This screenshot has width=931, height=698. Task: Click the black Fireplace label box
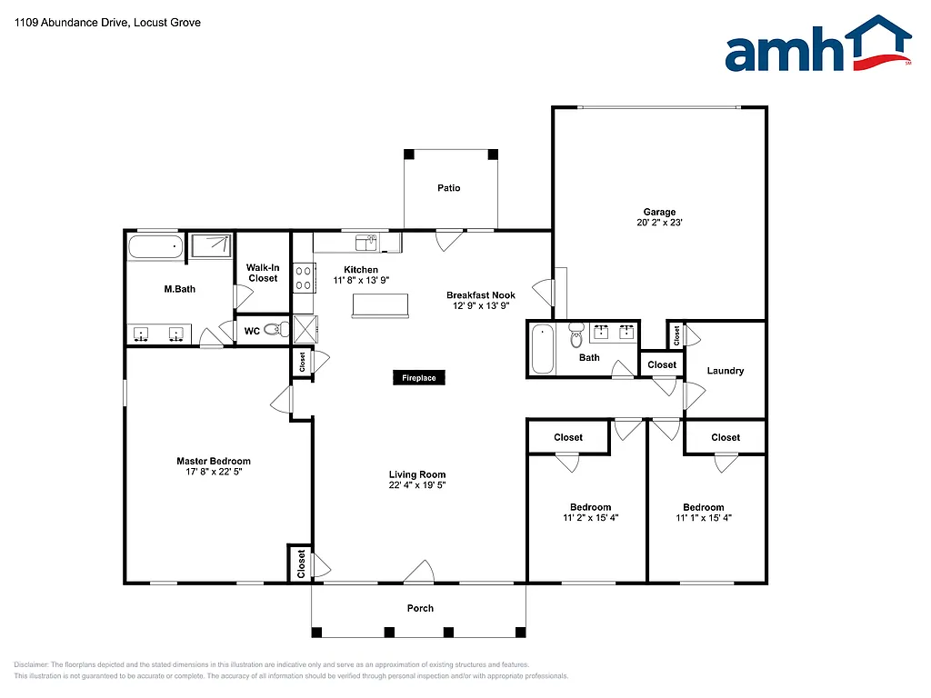click(x=419, y=377)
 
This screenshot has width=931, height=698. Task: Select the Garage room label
click(x=660, y=212)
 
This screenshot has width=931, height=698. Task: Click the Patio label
click(x=449, y=188)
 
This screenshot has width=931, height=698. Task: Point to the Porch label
click(x=420, y=608)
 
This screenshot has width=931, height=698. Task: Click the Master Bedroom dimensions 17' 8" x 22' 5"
click(x=214, y=473)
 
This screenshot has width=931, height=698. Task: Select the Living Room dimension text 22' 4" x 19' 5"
click(x=417, y=485)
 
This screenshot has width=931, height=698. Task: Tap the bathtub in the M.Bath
click(x=155, y=247)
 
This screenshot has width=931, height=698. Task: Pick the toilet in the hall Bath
click(x=576, y=338)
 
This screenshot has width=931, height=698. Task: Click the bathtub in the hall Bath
click(x=541, y=349)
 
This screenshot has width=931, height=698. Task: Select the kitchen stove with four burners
click(x=304, y=277)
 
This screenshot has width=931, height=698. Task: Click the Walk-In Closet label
click(x=263, y=273)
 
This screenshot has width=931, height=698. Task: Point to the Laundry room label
click(x=726, y=371)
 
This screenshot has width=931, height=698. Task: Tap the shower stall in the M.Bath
click(x=211, y=247)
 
